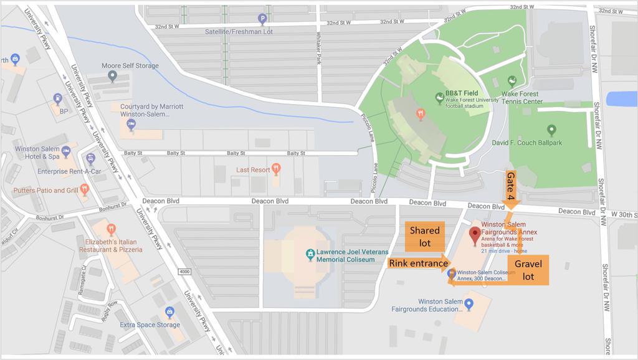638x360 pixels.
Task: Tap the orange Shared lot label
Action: tap(424, 236)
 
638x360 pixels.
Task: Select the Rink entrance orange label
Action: tap(419, 263)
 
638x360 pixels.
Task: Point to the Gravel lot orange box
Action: tap(528, 270)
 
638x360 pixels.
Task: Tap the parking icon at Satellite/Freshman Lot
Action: tap(262, 19)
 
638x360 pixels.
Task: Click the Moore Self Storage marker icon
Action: tap(112, 77)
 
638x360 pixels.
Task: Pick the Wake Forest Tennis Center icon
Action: tap(512, 81)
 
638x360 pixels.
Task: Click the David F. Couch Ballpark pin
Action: tap(551, 131)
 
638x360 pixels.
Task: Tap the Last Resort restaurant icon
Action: tap(277, 168)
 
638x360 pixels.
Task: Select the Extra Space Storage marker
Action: tap(168, 312)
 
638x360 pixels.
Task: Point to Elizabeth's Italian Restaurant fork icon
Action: tap(112, 229)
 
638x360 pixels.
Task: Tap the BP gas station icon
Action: tap(58, 99)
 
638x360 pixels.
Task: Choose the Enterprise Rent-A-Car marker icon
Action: tap(90, 159)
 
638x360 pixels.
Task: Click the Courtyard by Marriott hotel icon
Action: tap(131, 125)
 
